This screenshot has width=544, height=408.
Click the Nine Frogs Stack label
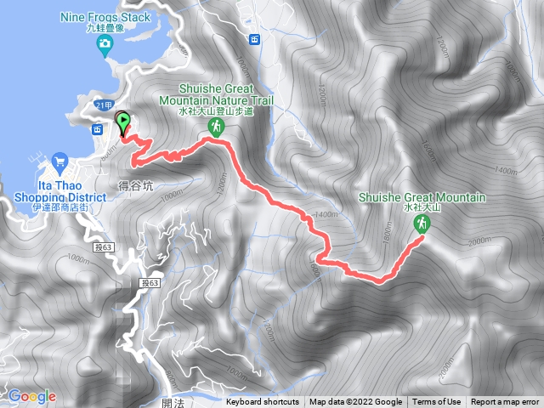[x=105, y=16]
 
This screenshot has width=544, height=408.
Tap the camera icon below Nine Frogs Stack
[x=105, y=43]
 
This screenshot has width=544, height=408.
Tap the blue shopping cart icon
[x=59, y=159]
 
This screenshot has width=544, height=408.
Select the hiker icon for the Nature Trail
[x=217, y=127]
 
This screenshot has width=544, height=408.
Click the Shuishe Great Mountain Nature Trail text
[x=216, y=98]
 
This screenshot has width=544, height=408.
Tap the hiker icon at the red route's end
[x=420, y=224]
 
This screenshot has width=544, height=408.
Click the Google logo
[x=31, y=396]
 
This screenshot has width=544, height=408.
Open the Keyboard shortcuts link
[x=263, y=402]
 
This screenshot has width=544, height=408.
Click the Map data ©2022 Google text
[x=355, y=402]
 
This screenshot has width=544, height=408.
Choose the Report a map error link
[x=505, y=402]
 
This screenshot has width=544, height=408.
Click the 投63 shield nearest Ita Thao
[x=105, y=246]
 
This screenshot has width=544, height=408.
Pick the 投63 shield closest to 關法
[x=150, y=282]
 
